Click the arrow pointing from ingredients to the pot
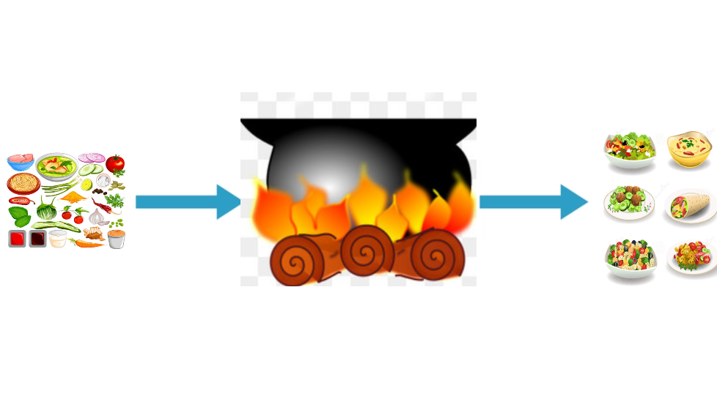click(x=188, y=201)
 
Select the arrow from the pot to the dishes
click(x=532, y=201)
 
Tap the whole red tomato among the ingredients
click(x=115, y=163)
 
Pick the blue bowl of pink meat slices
click(x=21, y=160)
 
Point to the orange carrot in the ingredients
click(x=88, y=242)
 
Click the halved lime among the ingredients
click(x=86, y=185)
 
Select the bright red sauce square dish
click(x=18, y=239)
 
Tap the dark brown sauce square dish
click(x=37, y=239)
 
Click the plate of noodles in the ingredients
click(x=23, y=183)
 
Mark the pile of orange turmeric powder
click(x=73, y=196)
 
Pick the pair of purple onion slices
click(x=92, y=157)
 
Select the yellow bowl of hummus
click(x=690, y=147)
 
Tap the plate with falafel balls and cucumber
click(x=629, y=201)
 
